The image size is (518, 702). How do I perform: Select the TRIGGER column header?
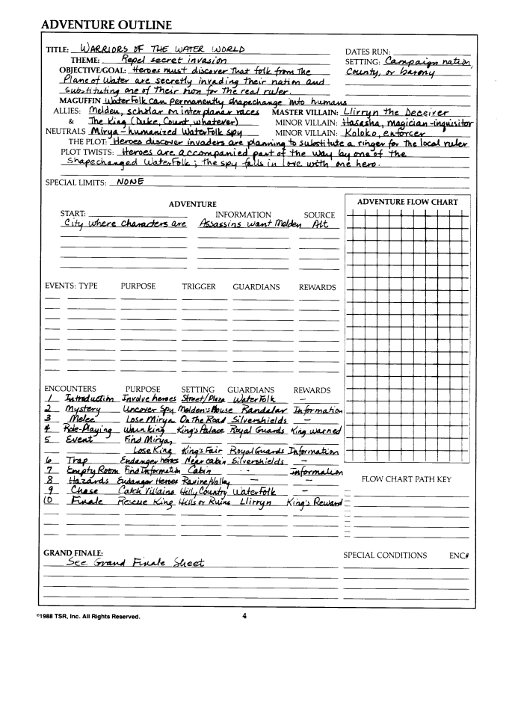click(x=198, y=286)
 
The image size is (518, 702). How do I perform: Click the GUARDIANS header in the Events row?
click(x=256, y=286)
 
